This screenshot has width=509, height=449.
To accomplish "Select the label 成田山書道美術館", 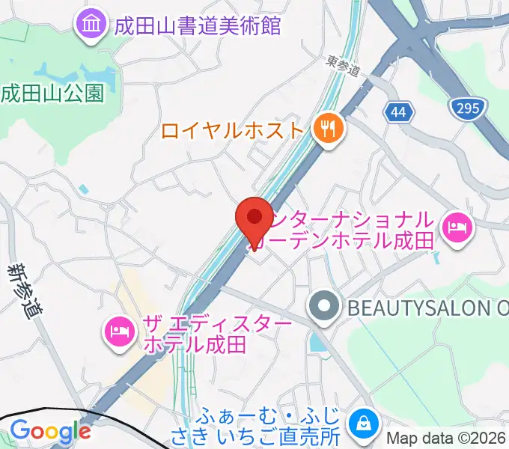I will [197, 25].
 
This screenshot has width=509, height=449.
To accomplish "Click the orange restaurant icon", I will [327, 129].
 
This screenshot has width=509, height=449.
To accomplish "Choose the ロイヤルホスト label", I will [232, 131].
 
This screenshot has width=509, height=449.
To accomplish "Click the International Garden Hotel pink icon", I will [456, 226].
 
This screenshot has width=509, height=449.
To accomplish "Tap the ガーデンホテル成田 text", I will [356, 241].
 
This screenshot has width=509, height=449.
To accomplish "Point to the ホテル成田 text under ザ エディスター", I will [194, 344].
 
